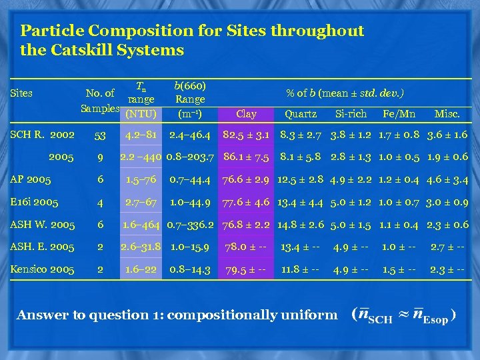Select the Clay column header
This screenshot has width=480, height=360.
(x=246, y=114)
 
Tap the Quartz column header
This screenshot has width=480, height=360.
(x=301, y=114)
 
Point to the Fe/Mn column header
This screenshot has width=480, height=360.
(x=399, y=114)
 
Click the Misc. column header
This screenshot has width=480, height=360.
(x=447, y=114)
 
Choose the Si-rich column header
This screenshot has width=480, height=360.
(x=351, y=114)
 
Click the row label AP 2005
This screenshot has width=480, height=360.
(x=31, y=179)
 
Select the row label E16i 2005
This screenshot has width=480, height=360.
(x=34, y=202)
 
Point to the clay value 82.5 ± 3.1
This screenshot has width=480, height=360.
(x=246, y=135)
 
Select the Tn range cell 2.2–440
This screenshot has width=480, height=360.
(x=140, y=157)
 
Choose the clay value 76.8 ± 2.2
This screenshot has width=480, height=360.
(x=246, y=225)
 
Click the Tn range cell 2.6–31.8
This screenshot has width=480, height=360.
(x=140, y=247)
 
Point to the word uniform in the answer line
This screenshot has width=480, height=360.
(x=307, y=315)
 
